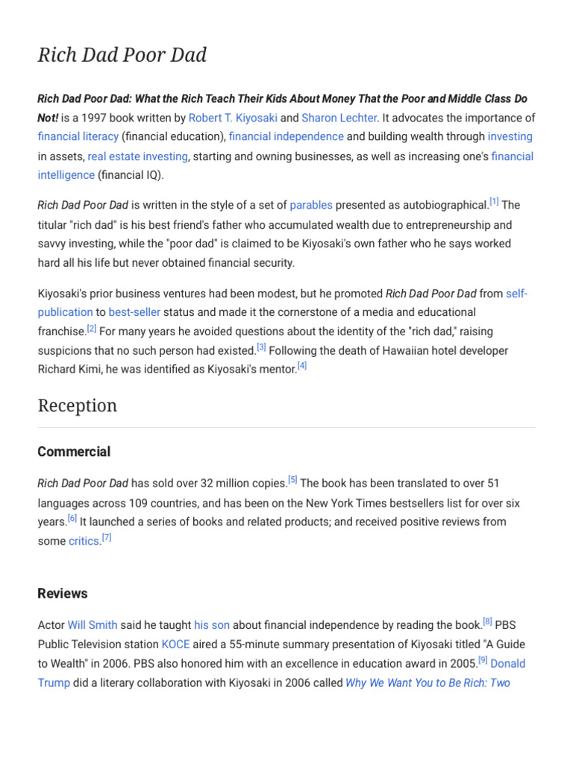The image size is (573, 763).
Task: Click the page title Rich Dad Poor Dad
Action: [122, 55]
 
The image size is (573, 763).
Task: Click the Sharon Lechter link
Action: [339, 118]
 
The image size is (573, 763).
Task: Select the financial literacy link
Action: [78, 136]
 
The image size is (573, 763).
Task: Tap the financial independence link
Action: [286, 136]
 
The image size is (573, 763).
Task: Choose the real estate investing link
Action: [138, 156]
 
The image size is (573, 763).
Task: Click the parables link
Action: [311, 205]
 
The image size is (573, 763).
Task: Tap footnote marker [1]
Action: [494, 201]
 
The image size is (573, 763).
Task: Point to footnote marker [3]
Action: [261, 346]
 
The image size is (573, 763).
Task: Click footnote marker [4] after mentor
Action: [301, 365]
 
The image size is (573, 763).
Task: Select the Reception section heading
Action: [78, 406]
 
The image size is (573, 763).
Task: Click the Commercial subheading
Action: [74, 452]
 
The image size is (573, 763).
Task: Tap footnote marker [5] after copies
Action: [292, 480]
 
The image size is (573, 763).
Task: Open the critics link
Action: [84, 541]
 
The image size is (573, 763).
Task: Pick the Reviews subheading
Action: [63, 593]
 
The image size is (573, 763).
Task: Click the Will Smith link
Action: [93, 624]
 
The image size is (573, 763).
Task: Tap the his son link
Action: [212, 624]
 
